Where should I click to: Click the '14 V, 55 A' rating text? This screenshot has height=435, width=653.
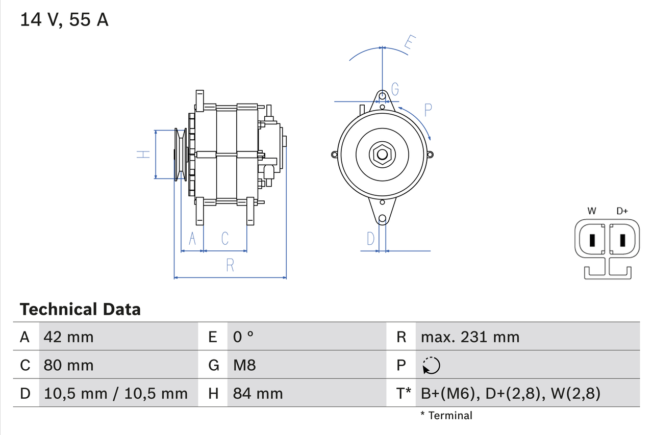pos(64,20)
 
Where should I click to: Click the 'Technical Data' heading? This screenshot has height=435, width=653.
pos(80,310)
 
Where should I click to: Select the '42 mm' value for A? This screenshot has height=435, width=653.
pos(69,337)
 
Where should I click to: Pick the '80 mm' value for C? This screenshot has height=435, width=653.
pos(69,365)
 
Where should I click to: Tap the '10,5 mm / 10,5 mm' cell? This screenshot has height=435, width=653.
pos(116,393)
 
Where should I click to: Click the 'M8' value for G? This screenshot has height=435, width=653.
pos(244,365)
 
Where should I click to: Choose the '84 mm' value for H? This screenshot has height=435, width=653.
pos(258,393)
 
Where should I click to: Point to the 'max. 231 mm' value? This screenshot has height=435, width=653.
pos(470,337)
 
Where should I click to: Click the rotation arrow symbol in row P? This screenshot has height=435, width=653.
pos(431,365)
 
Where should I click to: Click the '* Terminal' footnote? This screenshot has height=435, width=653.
pos(446,416)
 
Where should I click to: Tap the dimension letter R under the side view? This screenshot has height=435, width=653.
pos(230,265)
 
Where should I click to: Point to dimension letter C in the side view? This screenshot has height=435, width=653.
pos(224,238)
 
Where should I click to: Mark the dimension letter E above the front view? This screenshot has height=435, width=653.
pos(410,42)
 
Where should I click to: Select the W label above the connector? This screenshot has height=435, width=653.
pos(592,211)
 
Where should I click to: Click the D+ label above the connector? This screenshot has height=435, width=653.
pos(622,211)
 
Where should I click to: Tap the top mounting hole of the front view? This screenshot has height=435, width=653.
pos(382,95)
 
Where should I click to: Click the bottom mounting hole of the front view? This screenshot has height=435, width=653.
pos(382,218)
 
